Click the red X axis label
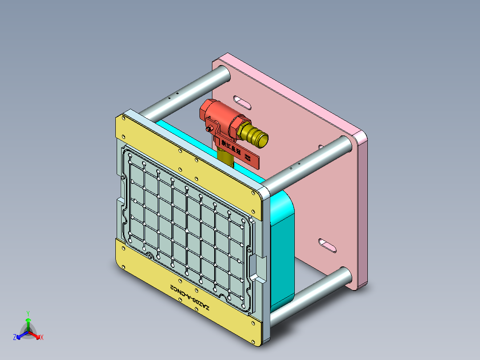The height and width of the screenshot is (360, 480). coord(42,338)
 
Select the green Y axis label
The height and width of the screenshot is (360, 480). coord(28,313)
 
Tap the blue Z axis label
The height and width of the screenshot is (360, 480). coord(15,338)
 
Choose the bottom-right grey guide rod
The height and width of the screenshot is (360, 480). coord(312,295)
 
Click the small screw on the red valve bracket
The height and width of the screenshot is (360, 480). coord(209,129)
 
